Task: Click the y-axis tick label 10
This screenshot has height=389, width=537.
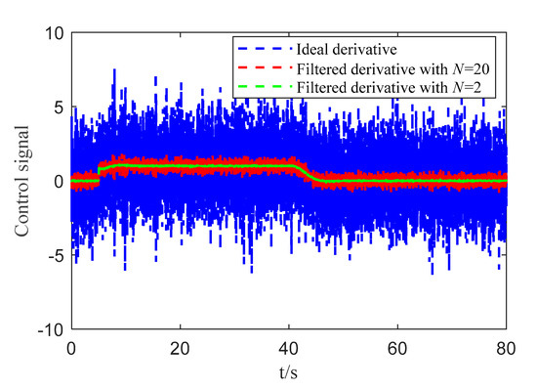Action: (53, 32)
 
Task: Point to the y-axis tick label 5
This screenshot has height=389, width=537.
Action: (58, 107)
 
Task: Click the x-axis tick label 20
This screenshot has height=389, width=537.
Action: (179, 348)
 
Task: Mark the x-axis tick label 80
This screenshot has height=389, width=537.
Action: (505, 348)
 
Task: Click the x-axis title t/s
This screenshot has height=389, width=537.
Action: (288, 372)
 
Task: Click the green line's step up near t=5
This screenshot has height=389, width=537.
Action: (99, 173)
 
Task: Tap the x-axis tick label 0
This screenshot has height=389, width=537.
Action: (70, 348)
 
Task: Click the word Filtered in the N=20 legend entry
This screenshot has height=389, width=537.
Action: (322, 68)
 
